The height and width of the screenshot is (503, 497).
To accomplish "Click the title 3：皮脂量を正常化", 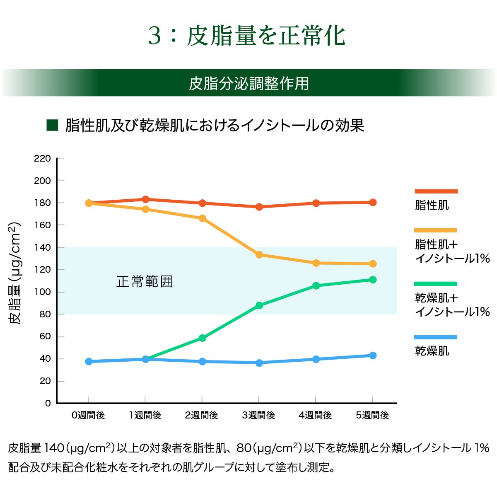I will click(x=247, y=36).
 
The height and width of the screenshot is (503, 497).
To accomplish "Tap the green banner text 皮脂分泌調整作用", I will click(x=249, y=83).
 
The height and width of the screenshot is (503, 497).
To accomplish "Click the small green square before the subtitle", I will click(x=52, y=125).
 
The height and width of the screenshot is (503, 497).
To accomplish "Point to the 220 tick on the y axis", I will click(x=42, y=158).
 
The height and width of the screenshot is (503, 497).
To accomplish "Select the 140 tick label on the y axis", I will click(x=42, y=247).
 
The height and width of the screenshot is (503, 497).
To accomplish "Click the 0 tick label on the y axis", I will click(x=48, y=403).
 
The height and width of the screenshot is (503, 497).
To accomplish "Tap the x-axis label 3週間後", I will click(x=258, y=415).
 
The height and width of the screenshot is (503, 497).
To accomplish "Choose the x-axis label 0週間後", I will click(x=88, y=415).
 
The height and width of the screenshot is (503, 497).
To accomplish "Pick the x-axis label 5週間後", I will click(x=372, y=415).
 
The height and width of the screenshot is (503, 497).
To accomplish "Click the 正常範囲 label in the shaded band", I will click(x=145, y=282).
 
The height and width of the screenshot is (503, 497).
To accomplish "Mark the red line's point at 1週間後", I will click(x=145, y=200).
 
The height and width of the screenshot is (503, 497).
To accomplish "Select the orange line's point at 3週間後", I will click(x=259, y=254).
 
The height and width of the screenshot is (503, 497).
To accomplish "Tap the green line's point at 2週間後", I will click(x=202, y=338).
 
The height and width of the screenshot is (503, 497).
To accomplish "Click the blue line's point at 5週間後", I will click(x=373, y=355).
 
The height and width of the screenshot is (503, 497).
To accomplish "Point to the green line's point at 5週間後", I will click(x=373, y=280).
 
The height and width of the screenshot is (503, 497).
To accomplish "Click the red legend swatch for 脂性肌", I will click(x=436, y=191).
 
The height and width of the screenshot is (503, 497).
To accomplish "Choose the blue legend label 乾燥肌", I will click(x=432, y=351).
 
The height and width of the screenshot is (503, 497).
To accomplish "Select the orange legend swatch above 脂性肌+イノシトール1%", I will click(x=436, y=230).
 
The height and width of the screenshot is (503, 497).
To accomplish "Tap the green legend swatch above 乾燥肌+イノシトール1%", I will click(x=436, y=284).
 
